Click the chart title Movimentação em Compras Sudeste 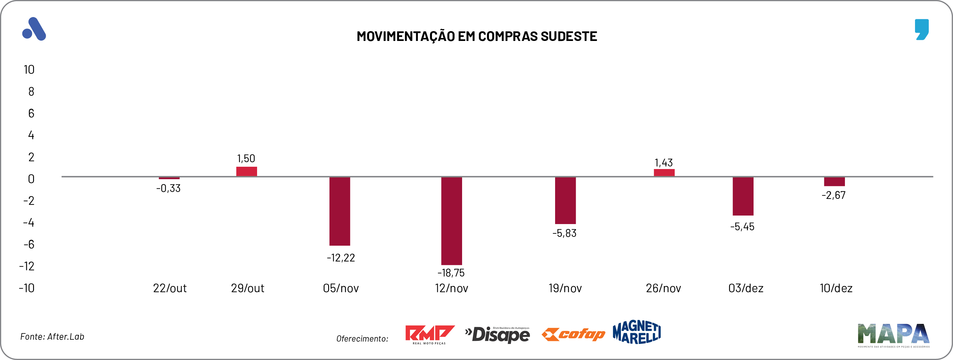coord(476,36)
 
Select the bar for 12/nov coord(451,220)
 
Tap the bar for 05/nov coord(340,211)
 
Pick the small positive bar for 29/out coord(247,171)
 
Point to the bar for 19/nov coord(565,200)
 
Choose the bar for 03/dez coord(743,196)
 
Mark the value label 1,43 coord(664,163)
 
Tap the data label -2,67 coord(833,195)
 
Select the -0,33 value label coord(168,188)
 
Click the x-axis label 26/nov coord(663,288)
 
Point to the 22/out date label coord(170,288)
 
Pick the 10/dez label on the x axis coord(836,288)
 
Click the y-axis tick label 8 coord(31,91)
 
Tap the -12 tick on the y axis coord(27,266)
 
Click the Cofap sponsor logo coord(573,334)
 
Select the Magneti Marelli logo coord(637,332)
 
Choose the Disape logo coord(497,334)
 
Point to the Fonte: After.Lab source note coord(52,337)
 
